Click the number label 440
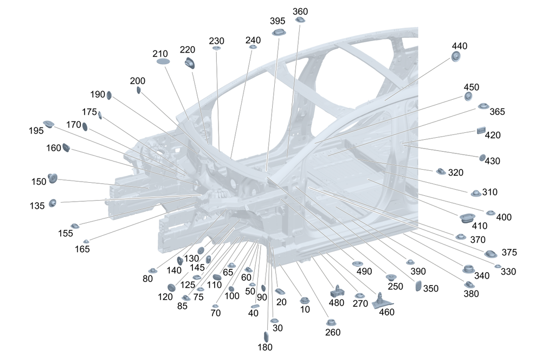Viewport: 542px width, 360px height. pos(459,46)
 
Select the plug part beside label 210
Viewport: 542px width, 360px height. pos(163,62)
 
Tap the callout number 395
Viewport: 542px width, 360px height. pos(278,21)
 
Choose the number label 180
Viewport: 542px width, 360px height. pos(266,347)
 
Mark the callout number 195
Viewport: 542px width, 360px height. pos(36,131)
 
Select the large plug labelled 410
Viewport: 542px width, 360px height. pos(467,218)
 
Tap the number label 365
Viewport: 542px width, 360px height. pos(497,112)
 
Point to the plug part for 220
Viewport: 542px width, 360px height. pos(190,63)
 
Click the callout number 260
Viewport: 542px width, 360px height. pos(333,332)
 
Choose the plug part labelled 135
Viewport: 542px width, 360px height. pos(53,203)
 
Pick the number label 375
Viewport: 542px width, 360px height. pos(509,252)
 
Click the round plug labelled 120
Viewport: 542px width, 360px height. pos(171,287)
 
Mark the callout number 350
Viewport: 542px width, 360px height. pos(431,288)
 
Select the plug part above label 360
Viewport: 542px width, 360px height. pos(300,20)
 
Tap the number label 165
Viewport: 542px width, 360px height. pos(82,249)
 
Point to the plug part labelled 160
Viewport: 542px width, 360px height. pos(67,147)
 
